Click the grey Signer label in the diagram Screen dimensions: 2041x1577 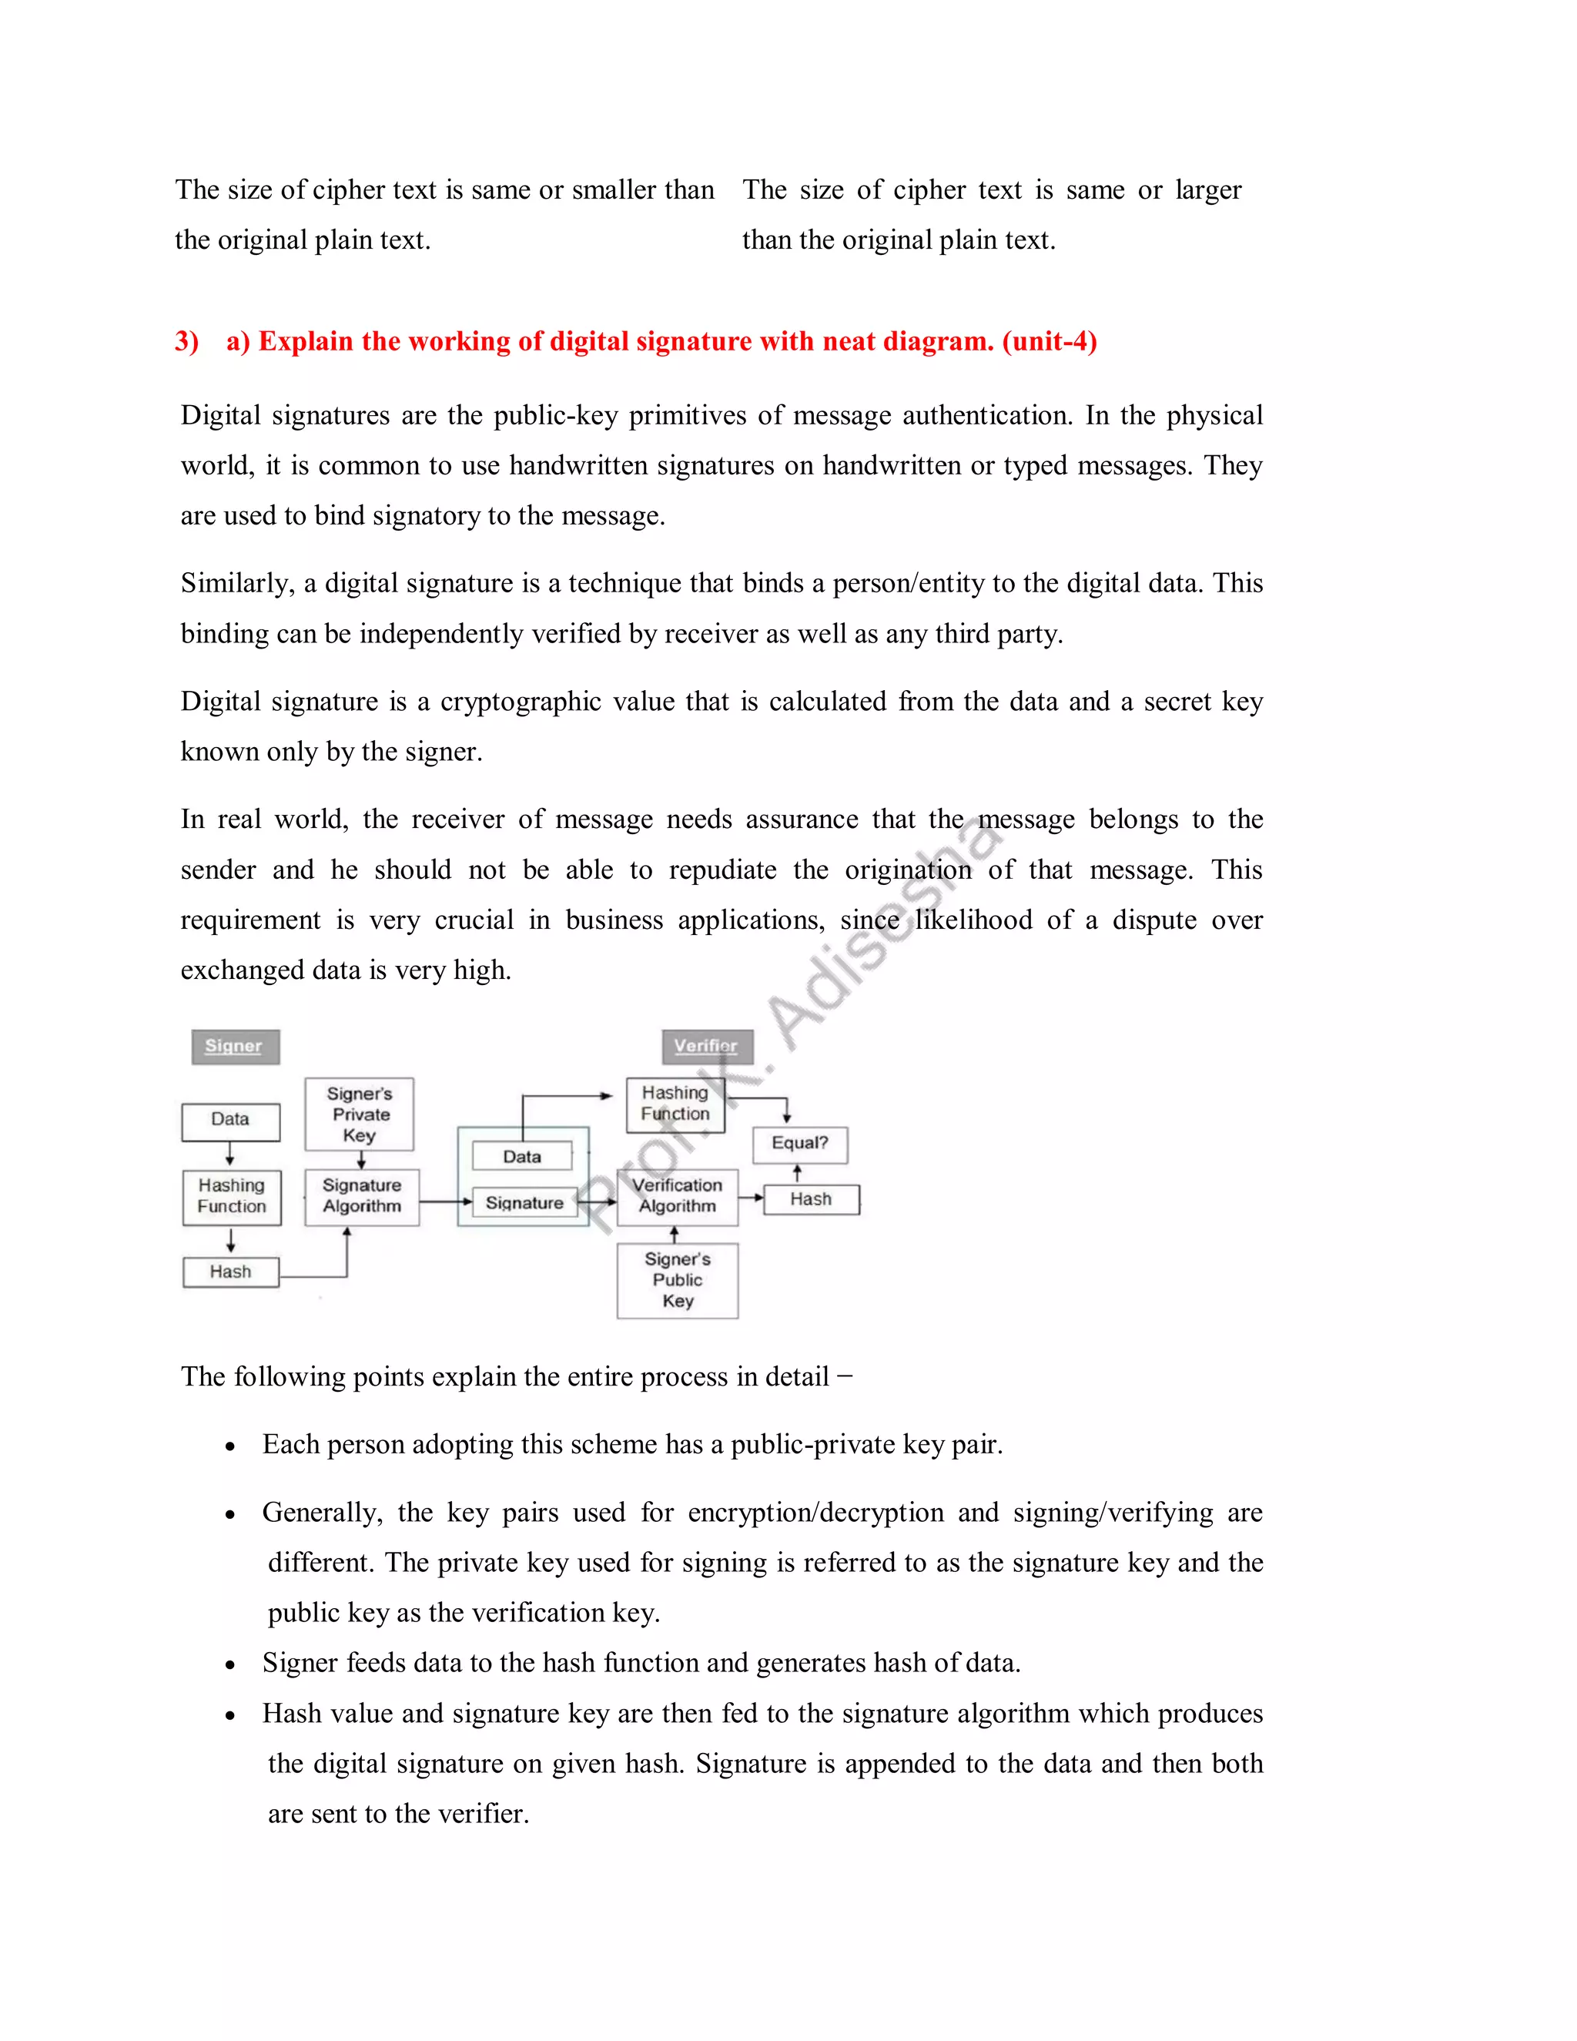click(235, 1046)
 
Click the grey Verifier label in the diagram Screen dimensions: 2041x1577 click(706, 1046)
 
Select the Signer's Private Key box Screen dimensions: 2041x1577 click(360, 1114)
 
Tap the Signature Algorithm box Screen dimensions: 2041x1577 click(362, 1196)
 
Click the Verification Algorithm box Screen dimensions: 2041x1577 click(678, 1196)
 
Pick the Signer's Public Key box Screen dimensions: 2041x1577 click(678, 1280)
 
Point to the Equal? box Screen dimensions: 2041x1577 click(800, 1144)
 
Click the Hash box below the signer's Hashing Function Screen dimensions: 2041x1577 click(231, 1272)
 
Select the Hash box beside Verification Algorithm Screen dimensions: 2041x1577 click(811, 1199)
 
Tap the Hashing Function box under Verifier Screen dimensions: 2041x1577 click(675, 1104)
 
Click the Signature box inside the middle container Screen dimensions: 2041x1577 click(524, 1203)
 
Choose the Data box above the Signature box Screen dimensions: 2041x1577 click(522, 1157)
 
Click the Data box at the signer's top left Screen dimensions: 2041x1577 click(231, 1120)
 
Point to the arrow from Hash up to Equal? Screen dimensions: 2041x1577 click(798, 1174)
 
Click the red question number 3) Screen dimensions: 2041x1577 click(187, 341)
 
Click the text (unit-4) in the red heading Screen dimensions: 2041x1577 click(1050, 341)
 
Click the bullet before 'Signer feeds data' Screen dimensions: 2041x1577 click(229, 1664)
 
